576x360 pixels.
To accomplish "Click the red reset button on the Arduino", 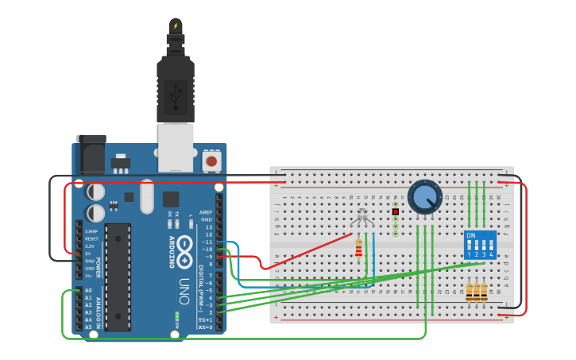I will coord(211,161).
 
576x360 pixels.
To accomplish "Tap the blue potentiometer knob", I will coord(425,196).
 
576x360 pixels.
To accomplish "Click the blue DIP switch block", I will coord(480,245).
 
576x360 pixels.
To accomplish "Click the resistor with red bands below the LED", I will coord(358,250).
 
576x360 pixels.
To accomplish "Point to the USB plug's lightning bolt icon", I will coord(176,26).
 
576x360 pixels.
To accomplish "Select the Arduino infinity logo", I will coord(184,245).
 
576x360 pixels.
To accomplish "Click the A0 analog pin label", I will coord(88,291).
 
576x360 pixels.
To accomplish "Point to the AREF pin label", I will coord(206,212).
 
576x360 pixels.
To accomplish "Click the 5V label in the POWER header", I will coord(89,254).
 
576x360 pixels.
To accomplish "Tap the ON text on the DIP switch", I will coord(471,236).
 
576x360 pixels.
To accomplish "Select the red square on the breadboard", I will coord(395,211).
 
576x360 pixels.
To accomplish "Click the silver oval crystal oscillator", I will coord(147,196).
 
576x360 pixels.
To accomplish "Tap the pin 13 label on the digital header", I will coord(208,226).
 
